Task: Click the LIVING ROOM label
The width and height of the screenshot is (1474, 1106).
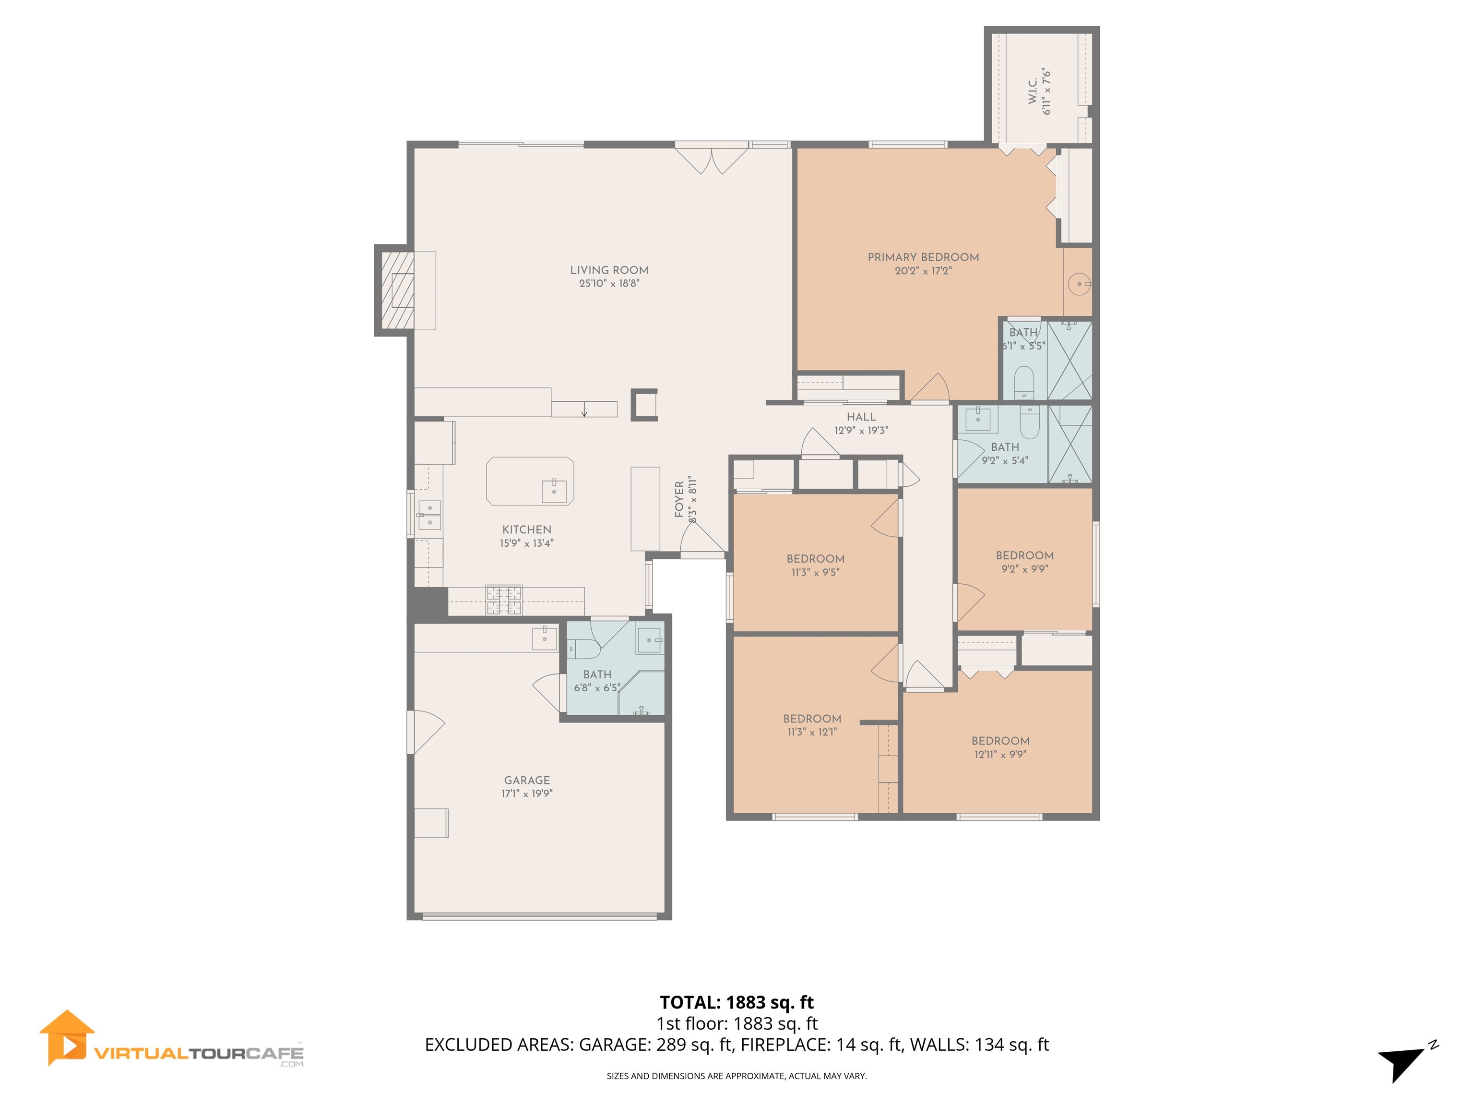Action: [608, 270]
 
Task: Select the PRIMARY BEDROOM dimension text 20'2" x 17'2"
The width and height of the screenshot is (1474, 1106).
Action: [922, 271]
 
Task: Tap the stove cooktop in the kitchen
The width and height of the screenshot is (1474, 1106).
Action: [504, 600]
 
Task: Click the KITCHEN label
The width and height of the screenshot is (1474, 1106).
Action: [526, 529]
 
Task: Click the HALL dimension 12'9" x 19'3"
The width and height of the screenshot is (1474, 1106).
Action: [861, 431]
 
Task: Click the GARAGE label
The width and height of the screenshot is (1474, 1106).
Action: [526, 780]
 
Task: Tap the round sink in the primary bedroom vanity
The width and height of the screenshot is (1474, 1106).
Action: [1078, 285]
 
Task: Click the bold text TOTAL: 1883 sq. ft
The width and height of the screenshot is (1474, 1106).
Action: [737, 1003]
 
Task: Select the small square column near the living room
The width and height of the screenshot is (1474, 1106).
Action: [644, 405]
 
